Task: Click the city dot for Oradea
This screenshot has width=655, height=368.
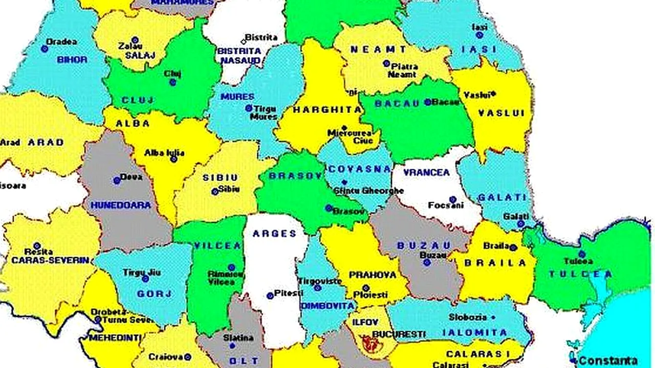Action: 45,49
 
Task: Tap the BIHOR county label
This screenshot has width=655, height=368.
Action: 72,59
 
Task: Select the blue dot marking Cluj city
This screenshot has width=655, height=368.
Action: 173,82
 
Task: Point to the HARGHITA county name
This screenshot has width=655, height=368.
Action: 320,109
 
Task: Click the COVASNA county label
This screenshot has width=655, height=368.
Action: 360,169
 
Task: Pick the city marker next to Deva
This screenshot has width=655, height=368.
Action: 117,180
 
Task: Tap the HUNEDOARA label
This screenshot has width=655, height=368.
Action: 121,205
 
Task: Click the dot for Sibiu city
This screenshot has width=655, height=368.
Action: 215,192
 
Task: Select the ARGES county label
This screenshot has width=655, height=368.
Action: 274,234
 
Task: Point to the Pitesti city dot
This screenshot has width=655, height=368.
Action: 270,295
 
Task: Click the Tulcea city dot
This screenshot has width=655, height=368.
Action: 582,254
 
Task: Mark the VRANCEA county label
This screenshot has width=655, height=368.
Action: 426,172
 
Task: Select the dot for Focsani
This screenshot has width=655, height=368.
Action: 452,200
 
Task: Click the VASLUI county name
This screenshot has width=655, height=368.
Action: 501,113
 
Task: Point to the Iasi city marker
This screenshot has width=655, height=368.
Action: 479,35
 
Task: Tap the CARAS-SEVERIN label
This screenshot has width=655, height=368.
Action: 50,260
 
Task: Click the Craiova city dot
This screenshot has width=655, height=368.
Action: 188,357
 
